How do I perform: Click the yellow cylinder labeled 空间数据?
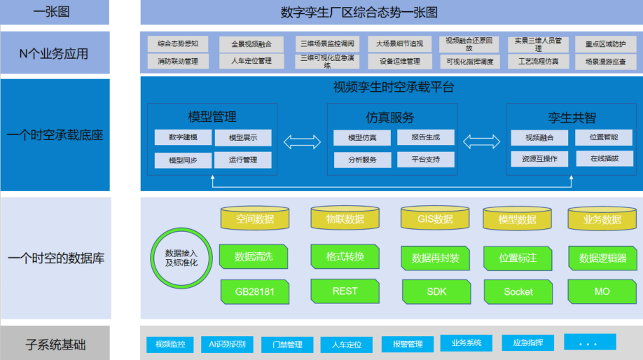255,219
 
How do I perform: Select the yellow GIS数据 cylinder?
435,219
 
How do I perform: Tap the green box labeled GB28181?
254,291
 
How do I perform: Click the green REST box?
345,291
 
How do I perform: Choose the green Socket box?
518,291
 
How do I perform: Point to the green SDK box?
436,291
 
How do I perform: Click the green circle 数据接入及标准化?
181,256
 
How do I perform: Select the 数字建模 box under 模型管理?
183,137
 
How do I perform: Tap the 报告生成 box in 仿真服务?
425,137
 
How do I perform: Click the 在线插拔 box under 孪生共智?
604,158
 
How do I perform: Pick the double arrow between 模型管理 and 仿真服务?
302,142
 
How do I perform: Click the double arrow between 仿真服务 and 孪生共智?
481,142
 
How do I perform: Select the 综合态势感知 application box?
178,43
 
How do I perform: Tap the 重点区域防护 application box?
605,43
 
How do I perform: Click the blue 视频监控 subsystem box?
170,344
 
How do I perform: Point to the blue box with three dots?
590,342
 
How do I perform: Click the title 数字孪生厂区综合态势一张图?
358,12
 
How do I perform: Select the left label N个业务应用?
54,53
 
